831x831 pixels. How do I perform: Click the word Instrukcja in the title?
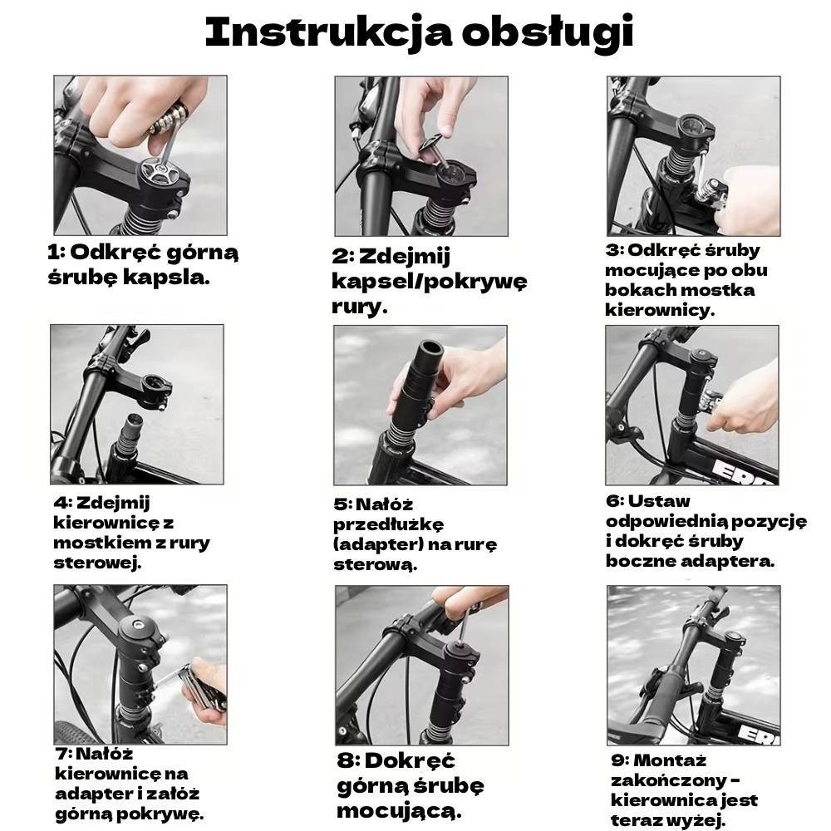(x=328, y=33)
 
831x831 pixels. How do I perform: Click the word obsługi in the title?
(x=548, y=33)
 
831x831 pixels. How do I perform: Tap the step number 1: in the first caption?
(x=57, y=253)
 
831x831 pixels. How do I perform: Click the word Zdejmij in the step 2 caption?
(x=405, y=256)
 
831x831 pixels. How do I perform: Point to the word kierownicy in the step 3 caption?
(x=660, y=309)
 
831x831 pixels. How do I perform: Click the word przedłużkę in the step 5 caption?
(x=388, y=524)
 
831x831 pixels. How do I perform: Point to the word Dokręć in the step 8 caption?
(x=410, y=761)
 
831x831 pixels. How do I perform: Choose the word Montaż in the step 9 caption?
(x=670, y=760)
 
